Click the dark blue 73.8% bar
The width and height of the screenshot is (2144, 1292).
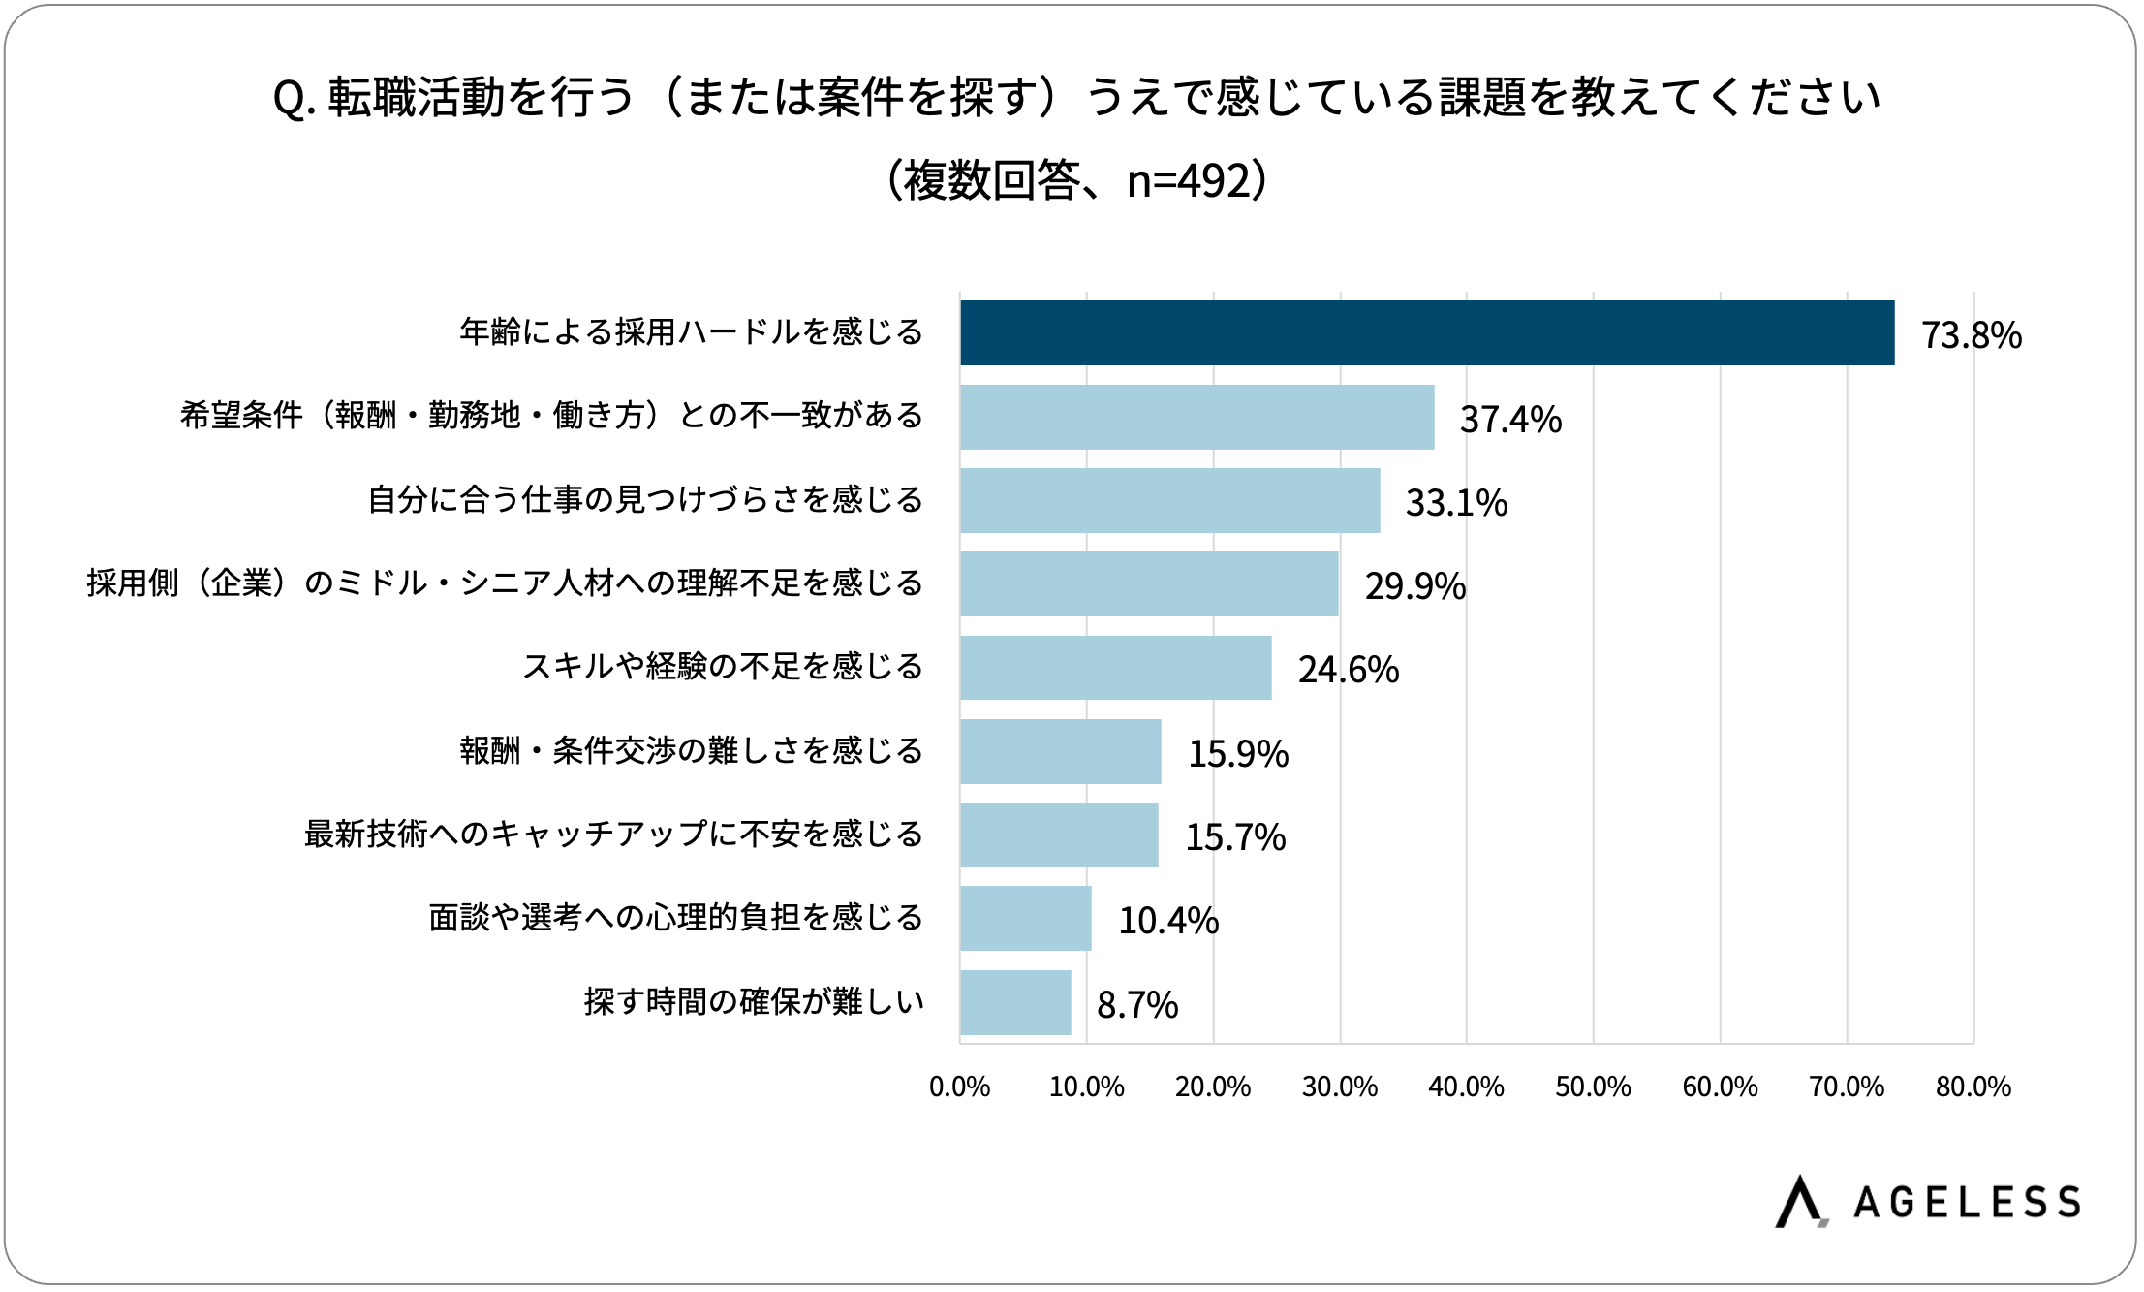[x=1426, y=332]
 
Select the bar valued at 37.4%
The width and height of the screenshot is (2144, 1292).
[x=1196, y=417]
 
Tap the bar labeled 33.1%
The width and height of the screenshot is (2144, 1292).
[x=1169, y=500]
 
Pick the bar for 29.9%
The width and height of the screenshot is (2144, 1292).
[x=1149, y=583]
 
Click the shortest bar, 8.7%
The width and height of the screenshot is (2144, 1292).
[x=1015, y=1002]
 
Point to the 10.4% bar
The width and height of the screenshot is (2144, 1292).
[x=1025, y=918]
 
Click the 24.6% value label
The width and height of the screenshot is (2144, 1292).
[x=1348, y=670]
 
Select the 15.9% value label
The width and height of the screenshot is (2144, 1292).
[x=1238, y=753]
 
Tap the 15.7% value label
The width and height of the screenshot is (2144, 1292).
[x=1235, y=836]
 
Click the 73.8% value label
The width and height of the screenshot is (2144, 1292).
[x=1971, y=335]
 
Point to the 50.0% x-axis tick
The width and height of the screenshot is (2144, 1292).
[x=1593, y=1087]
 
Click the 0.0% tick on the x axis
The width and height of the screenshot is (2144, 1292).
[x=959, y=1087]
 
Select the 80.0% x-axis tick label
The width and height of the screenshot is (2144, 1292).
[x=1973, y=1087]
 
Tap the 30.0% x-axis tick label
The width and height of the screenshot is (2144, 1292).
[x=1339, y=1087]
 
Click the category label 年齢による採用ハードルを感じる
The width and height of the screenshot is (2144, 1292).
[x=691, y=332]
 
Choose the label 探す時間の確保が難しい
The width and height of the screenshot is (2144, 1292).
[x=754, y=1001]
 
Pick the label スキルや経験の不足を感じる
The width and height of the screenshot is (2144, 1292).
[x=722, y=667]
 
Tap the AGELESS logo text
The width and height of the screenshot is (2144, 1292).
[x=1966, y=1203]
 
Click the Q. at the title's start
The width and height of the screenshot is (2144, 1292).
[x=294, y=99]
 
